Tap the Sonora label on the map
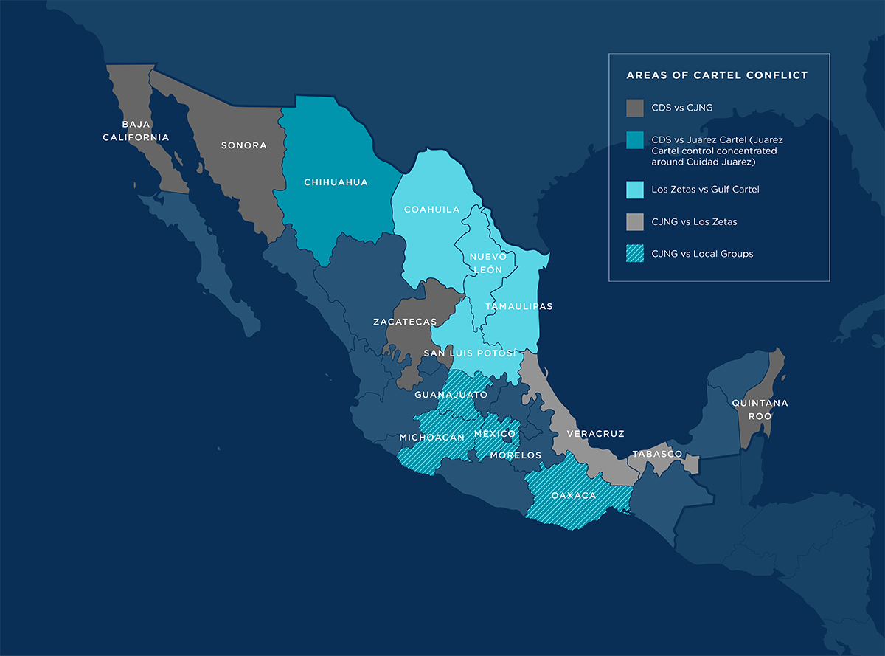[244, 145]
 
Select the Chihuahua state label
[336, 182]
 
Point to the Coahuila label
[431, 210]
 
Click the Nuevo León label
[487, 263]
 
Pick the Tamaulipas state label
[519, 306]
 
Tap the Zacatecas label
[405, 322]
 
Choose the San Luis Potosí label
[470, 353]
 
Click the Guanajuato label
[451, 395]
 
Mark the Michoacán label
[432, 437]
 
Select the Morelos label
[516, 455]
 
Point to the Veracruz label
[595, 434]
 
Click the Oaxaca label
[573, 495]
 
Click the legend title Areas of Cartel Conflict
[717, 75]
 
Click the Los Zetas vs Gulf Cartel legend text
[705, 190]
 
